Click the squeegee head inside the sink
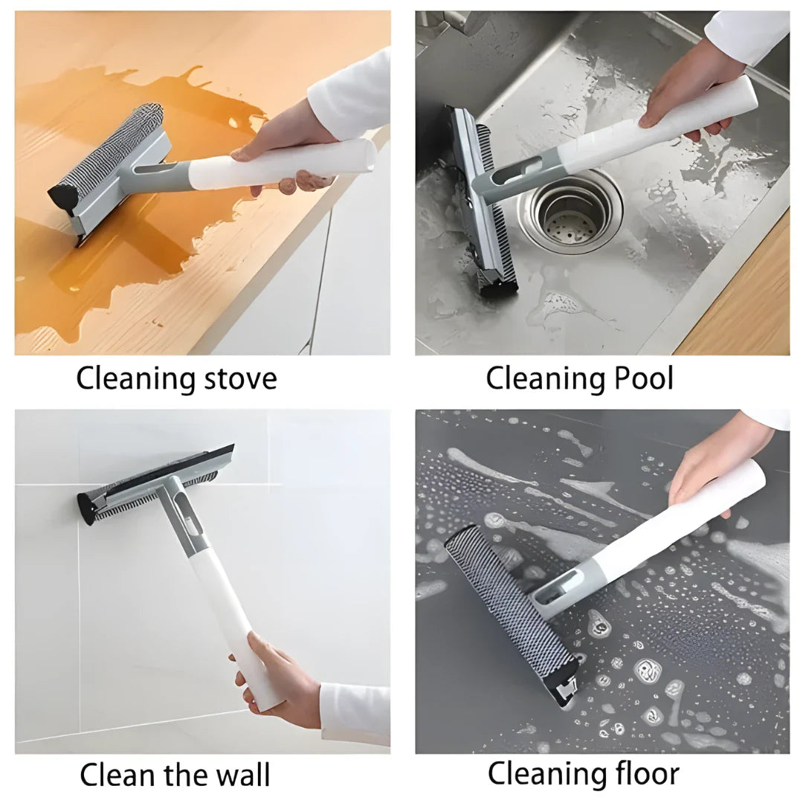[480, 201]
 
